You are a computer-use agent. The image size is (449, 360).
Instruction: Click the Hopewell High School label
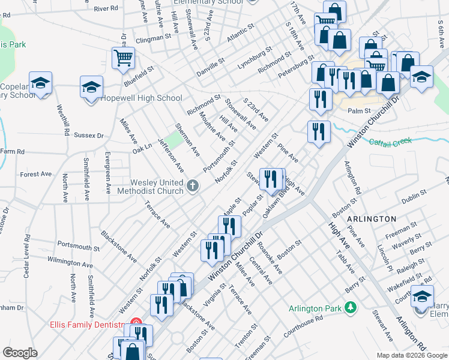141,98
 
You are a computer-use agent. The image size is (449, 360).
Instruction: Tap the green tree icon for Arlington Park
350,308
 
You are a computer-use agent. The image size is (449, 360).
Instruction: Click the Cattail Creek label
390,142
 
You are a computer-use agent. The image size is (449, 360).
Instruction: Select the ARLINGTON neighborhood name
372,219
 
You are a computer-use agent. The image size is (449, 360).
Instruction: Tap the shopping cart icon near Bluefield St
123,58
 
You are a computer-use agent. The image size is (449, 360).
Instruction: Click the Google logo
20,353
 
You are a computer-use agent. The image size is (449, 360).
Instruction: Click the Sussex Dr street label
89,136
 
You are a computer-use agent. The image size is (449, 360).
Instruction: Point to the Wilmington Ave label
70,263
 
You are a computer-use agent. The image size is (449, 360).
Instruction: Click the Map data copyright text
411,355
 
